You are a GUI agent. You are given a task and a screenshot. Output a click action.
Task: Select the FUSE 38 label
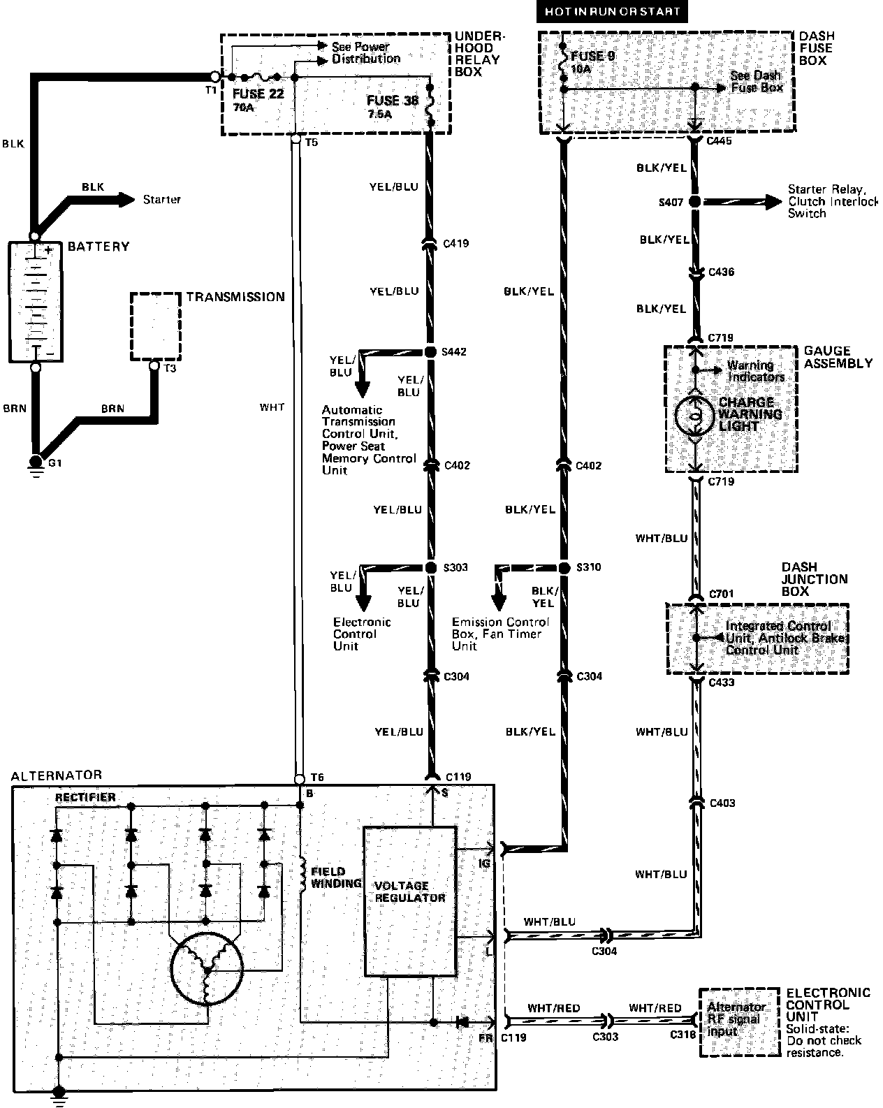pos(393,101)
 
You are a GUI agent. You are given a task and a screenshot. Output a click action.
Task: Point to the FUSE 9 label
pos(592,56)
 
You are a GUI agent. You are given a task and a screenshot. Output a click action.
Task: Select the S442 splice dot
pos(430,352)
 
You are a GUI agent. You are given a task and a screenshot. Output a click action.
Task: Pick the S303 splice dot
pos(430,567)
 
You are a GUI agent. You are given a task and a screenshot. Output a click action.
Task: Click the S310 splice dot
pos(564,567)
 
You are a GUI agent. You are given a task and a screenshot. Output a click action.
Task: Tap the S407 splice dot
pos(694,202)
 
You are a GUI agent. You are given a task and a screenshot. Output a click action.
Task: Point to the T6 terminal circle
pos(300,778)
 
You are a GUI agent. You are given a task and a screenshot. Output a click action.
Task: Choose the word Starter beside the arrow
pos(162,200)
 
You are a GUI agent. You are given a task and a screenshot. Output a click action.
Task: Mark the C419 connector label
pos(455,244)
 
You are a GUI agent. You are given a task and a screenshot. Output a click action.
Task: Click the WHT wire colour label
pos(272,407)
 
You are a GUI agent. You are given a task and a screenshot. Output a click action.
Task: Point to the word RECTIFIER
pos(85,797)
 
